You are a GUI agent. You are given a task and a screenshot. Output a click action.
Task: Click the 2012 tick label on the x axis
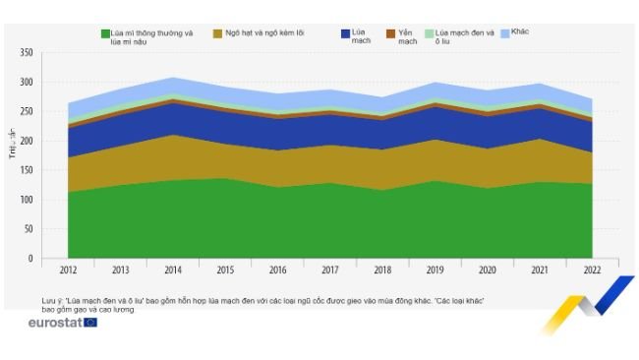tap(68, 269)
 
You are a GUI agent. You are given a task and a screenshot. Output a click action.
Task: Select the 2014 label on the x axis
tap(172, 269)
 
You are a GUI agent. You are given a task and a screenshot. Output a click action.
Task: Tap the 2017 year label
tap(329, 269)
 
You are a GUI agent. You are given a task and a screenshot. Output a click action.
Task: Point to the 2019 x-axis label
tap(435, 269)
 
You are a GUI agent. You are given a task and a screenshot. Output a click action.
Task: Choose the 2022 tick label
tap(591, 269)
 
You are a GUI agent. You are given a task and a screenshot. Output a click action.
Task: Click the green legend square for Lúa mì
tap(104, 34)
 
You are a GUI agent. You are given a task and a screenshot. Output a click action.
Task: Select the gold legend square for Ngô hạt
tap(217, 34)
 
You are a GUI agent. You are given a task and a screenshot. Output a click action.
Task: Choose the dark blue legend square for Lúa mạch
tap(344, 34)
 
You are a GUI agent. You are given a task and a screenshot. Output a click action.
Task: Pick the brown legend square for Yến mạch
tap(390, 34)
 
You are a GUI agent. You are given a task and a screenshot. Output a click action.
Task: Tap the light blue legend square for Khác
tap(504, 34)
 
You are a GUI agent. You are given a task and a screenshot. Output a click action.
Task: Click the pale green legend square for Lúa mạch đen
tap(429, 34)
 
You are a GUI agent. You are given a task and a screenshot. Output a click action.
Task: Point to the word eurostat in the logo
tap(55, 323)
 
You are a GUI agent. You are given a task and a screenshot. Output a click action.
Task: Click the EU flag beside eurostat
tap(90, 323)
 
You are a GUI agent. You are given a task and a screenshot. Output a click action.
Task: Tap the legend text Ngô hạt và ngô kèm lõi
tap(264, 34)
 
